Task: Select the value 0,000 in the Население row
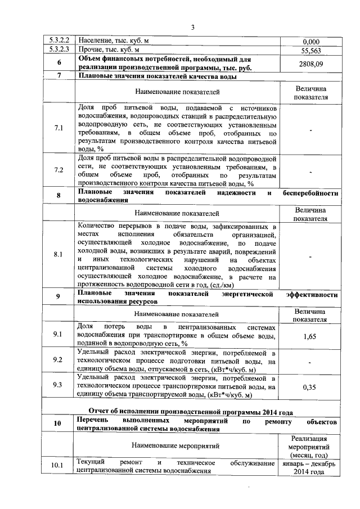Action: click(x=311, y=42)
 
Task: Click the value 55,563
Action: click(x=311, y=50)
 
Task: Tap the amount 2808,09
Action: click(x=311, y=64)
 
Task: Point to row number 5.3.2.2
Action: click(x=59, y=41)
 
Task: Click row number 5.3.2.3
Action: click(x=59, y=49)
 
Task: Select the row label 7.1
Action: click(x=59, y=128)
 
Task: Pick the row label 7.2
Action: click(x=59, y=170)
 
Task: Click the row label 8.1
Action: click(x=59, y=254)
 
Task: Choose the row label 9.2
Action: click(x=59, y=360)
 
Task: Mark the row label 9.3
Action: click(x=59, y=385)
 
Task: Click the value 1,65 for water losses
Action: click(x=311, y=336)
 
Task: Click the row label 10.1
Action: click(x=59, y=466)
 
